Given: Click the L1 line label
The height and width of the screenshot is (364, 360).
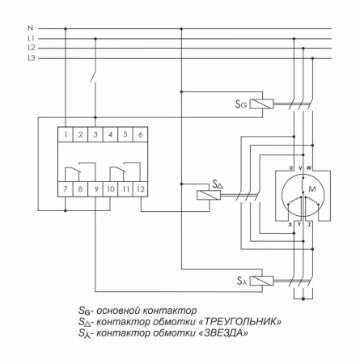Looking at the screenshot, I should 31,38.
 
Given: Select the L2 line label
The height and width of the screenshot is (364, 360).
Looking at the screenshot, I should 31,48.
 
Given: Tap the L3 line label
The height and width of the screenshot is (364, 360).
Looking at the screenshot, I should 31,57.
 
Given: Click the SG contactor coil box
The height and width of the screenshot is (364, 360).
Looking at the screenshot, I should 262,104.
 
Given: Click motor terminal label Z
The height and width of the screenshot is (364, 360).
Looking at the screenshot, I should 310,224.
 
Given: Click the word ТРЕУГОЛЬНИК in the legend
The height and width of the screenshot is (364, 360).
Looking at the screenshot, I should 240,321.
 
